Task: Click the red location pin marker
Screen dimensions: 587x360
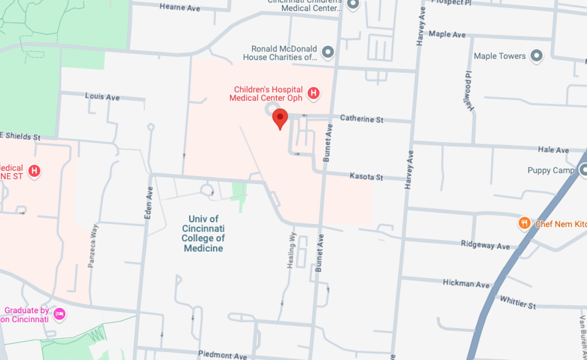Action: (280, 118)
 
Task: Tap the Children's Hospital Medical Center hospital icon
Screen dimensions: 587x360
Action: (314, 94)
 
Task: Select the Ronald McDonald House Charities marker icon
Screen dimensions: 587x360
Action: (328, 52)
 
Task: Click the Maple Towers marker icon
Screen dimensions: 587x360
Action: (537, 56)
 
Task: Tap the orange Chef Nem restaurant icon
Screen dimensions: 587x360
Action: (525, 224)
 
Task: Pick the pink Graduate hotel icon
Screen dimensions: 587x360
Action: (60, 314)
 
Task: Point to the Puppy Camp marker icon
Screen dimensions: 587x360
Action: (582, 170)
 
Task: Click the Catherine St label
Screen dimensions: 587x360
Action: (361, 119)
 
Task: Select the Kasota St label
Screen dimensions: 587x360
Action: (366, 177)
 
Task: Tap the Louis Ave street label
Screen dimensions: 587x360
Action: (102, 97)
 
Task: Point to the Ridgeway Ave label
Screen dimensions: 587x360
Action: (485, 245)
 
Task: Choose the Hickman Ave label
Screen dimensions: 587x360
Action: (466, 284)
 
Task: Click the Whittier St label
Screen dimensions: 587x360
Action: (517, 302)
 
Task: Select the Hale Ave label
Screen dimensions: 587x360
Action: (553, 150)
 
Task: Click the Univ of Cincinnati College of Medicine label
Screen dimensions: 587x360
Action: (203, 234)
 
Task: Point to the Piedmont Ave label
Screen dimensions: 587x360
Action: (222, 355)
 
